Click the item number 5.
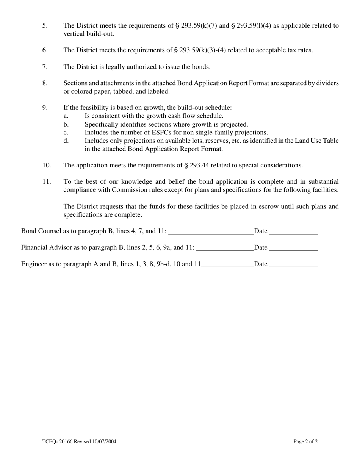click(45, 26)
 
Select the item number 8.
click(45, 83)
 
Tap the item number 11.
click(46, 182)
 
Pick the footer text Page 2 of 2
click(305, 441)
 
